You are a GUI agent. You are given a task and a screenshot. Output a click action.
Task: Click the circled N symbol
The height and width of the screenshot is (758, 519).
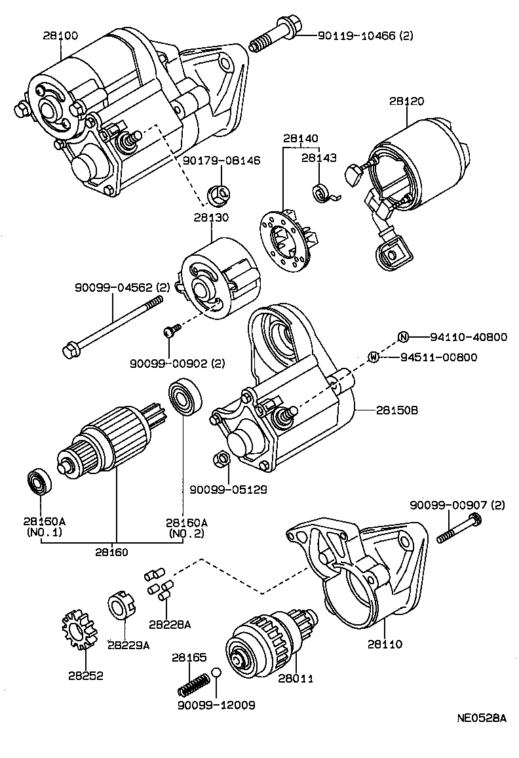[404, 337]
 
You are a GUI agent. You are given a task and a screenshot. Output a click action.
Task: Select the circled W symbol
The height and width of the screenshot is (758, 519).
[374, 357]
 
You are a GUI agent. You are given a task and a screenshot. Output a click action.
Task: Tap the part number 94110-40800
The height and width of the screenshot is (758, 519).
[469, 337]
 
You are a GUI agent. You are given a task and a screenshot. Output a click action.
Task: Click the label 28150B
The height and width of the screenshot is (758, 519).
[397, 410]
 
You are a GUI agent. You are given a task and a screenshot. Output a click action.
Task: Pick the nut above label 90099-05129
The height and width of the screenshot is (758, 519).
[221, 458]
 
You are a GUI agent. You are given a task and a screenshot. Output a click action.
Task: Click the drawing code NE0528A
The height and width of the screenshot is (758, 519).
[481, 717]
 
